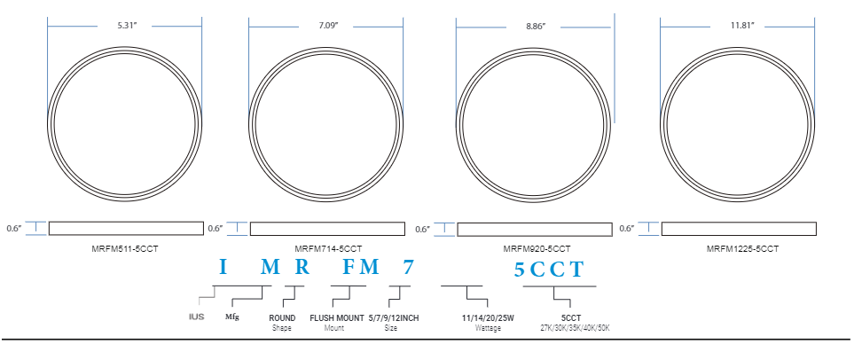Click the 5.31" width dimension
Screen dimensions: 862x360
coord(125,26)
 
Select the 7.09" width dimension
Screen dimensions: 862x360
coord(329,26)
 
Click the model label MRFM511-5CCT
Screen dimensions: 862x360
coord(125,248)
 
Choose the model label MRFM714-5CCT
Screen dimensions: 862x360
coord(328,249)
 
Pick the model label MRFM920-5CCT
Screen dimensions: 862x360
coord(537,249)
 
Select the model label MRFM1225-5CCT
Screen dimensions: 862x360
coord(742,249)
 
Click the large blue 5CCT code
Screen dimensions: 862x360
coord(548,270)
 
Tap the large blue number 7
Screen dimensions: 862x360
coord(407,267)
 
